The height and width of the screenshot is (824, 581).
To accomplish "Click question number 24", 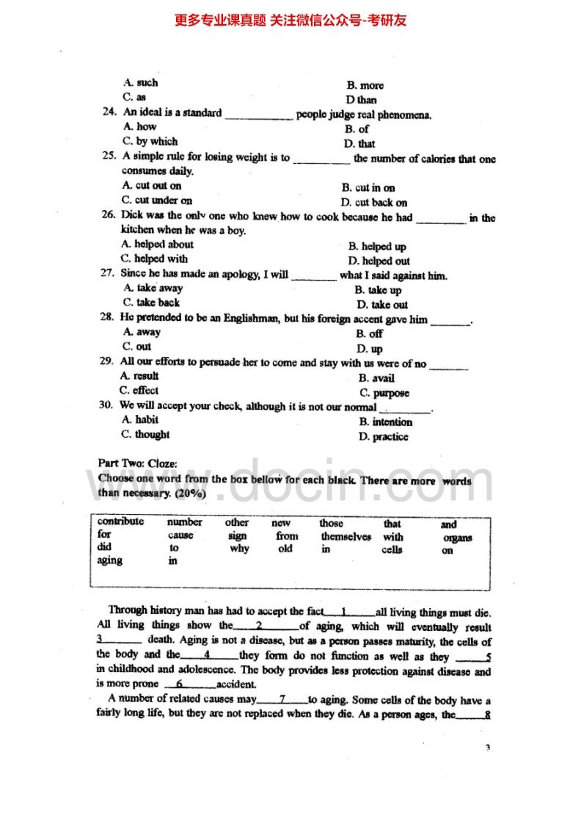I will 110,113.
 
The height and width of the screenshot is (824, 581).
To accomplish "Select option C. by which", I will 150,142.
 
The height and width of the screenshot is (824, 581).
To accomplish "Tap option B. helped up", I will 377,247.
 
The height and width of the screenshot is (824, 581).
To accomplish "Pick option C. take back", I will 152,303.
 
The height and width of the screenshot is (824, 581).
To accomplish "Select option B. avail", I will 376,378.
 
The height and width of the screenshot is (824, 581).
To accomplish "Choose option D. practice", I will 383,437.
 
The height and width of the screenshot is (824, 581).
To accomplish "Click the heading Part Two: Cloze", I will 138,463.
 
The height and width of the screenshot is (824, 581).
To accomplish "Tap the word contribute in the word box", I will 120,522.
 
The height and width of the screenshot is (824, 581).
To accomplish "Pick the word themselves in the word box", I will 346,537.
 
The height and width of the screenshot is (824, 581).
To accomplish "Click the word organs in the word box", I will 458,538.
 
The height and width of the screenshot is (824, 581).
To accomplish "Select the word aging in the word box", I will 110,561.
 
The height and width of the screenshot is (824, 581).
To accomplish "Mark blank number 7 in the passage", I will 282,698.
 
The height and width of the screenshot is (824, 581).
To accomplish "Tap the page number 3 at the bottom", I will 487,748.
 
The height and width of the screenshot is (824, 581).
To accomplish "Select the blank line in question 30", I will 405,409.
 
